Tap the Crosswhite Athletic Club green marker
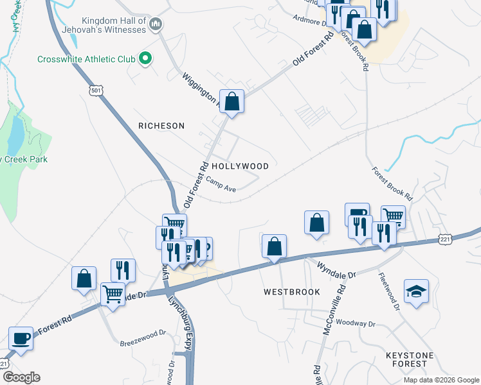[x=145, y=59]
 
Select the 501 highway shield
[x=96, y=90]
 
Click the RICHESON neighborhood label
[x=161, y=126]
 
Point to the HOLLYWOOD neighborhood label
[x=240, y=166]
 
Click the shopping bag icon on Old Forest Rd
[x=232, y=102]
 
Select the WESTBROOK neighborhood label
[x=292, y=291]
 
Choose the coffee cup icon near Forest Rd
[x=21, y=338]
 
